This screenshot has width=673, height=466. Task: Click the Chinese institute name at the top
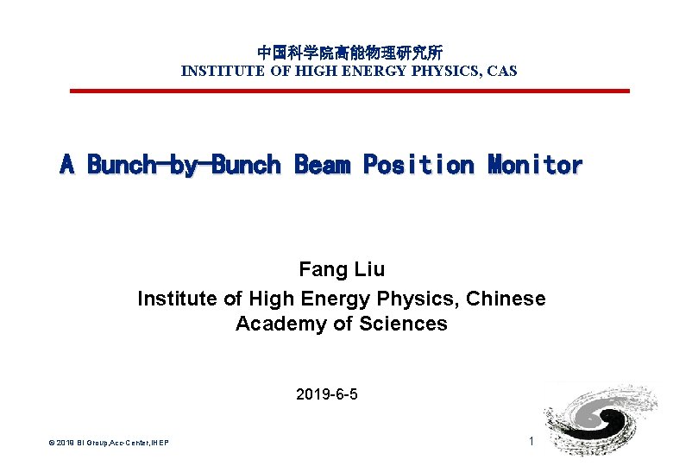(349, 53)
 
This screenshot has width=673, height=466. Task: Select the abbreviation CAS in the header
(502, 71)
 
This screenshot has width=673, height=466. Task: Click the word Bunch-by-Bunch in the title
(184, 164)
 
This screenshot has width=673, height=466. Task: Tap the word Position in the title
(418, 164)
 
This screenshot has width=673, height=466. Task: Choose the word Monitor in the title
(535, 164)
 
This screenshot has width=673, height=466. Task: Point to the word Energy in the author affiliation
(334, 299)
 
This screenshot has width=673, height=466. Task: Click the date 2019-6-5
(327, 395)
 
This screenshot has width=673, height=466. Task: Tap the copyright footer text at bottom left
(109, 443)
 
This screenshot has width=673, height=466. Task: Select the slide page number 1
(531, 442)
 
